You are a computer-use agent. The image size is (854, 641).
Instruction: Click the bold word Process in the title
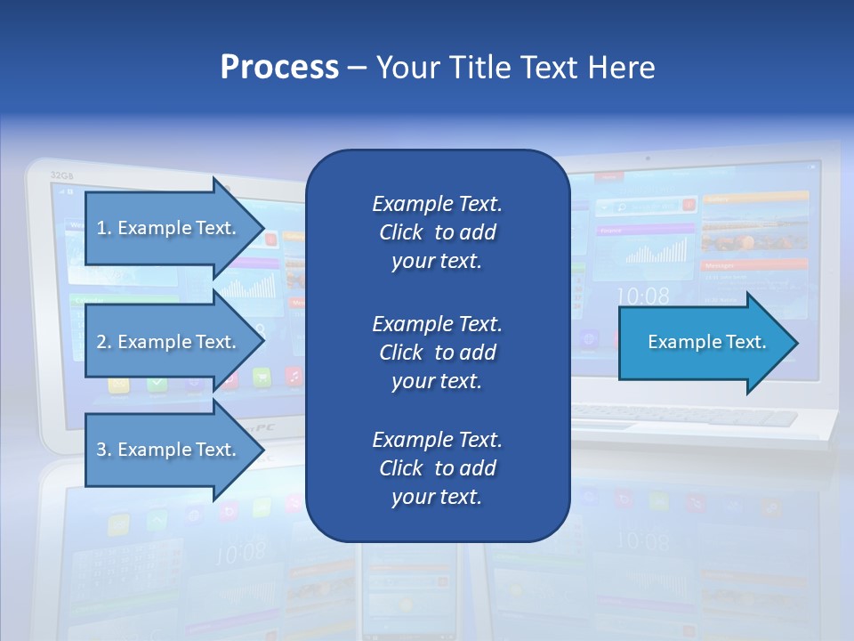click(279, 68)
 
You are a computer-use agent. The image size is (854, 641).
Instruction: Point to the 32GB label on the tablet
click(61, 175)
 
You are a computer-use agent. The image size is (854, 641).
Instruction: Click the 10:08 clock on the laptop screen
click(642, 296)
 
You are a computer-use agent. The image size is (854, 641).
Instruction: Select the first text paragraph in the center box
click(437, 232)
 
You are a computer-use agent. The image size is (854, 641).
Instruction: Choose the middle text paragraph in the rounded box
click(437, 353)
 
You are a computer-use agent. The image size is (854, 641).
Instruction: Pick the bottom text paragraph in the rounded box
click(437, 468)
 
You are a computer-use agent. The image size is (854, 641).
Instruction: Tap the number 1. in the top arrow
click(103, 228)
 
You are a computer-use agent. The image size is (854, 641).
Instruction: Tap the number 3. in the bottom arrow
click(103, 450)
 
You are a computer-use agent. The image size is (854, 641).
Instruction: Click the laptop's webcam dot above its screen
click(647, 159)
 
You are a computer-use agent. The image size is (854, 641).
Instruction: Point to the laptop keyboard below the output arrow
click(685, 415)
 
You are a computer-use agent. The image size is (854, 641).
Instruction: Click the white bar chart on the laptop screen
click(657, 252)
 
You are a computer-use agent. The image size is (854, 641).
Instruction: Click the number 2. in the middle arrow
click(103, 342)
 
